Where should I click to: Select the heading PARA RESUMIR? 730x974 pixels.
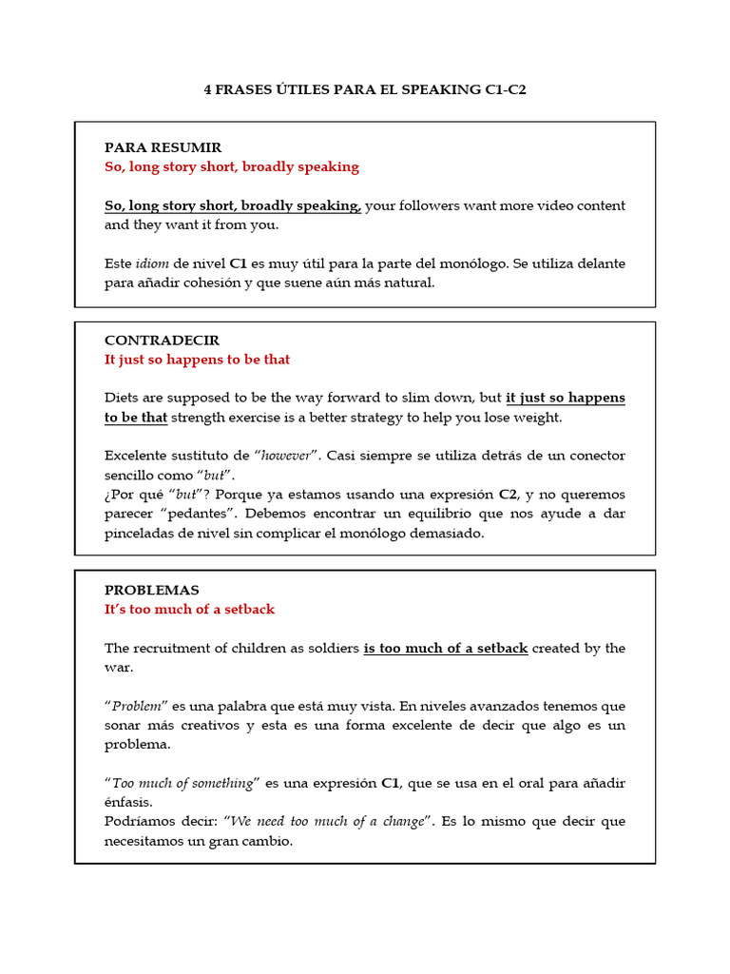(x=163, y=147)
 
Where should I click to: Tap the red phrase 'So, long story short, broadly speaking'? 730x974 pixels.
(x=231, y=167)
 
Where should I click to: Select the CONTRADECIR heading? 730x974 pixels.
(x=162, y=341)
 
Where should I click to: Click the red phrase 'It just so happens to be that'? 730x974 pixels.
(x=197, y=360)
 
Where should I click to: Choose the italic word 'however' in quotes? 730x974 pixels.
(x=285, y=457)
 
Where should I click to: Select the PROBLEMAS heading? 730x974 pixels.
(x=151, y=591)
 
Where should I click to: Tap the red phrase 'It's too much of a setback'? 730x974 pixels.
(x=189, y=610)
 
